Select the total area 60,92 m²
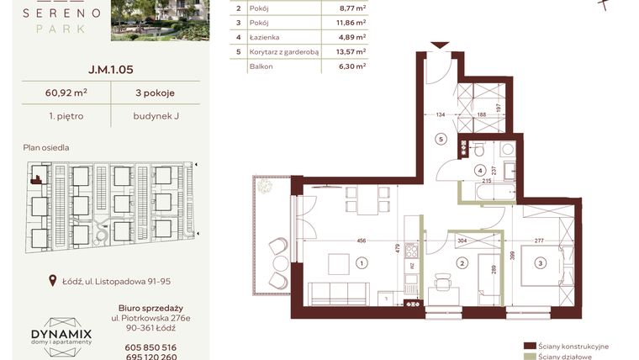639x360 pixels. coord(66,93)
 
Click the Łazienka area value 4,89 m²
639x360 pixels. coord(350,36)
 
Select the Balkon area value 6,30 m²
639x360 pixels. coord(350,65)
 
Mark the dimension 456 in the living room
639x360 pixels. coord(361,241)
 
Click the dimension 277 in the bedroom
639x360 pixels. coord(539,241)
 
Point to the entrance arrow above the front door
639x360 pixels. coord(436,45)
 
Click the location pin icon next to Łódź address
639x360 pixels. coord(54,281)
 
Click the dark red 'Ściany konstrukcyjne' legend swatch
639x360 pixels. coord(529,346)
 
